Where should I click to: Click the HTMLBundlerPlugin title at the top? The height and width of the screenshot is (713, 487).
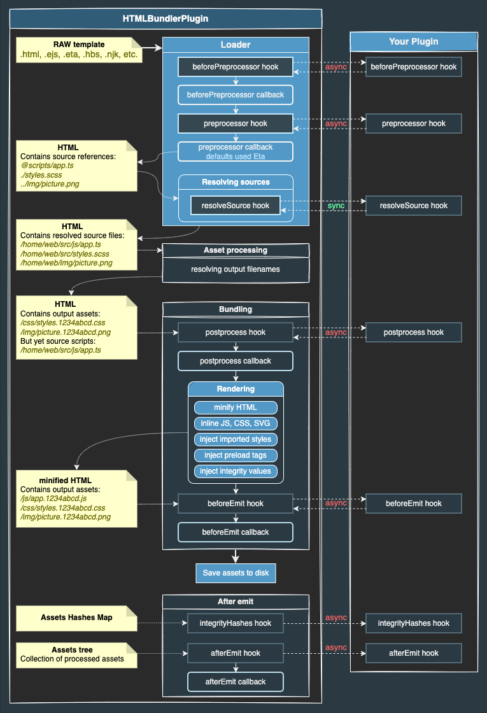click(165, 18)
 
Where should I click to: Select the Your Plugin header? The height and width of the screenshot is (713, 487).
click(414, 42)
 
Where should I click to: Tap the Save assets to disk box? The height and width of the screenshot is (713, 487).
click(236, 573)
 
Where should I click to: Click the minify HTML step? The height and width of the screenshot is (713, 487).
click(236, 407)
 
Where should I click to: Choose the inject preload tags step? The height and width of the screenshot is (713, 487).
click(236, 455)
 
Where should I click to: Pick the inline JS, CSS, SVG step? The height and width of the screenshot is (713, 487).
click(236, 423)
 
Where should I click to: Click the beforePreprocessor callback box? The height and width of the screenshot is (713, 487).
click(236, 95)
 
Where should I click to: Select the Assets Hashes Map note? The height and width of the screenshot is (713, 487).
click(76, 618)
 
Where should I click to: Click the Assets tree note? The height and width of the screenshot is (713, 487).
click(76, 654)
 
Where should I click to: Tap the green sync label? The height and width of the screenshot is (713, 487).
click(336, 206)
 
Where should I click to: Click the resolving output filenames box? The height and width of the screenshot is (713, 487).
click(236, 269)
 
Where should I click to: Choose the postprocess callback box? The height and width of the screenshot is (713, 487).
click(236, 361)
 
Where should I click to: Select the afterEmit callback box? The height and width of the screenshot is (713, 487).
click(236, 682)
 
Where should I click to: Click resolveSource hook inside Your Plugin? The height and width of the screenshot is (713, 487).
click(414, 206)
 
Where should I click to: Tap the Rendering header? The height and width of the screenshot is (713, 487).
click(236, 389)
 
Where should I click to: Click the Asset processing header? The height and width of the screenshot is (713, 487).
click(236, 250)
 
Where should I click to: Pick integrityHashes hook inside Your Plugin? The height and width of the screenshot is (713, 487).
click(414, 623)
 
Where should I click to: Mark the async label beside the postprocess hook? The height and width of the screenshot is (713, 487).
click(336, 332)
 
